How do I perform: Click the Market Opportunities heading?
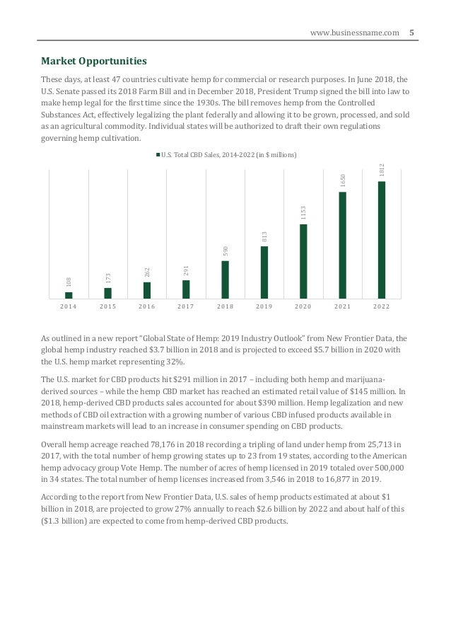[95, 60]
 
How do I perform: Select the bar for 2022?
[382, 240]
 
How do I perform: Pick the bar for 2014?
[69, 295]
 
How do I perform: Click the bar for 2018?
[225, 280]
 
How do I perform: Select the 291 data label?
[186, 270]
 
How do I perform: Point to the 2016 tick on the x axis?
[147, 307]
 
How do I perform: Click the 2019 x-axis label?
[264, 307]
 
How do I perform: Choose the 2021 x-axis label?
[342, 307]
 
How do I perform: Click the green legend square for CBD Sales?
[158, 154]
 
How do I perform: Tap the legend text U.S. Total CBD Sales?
[229, 154]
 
